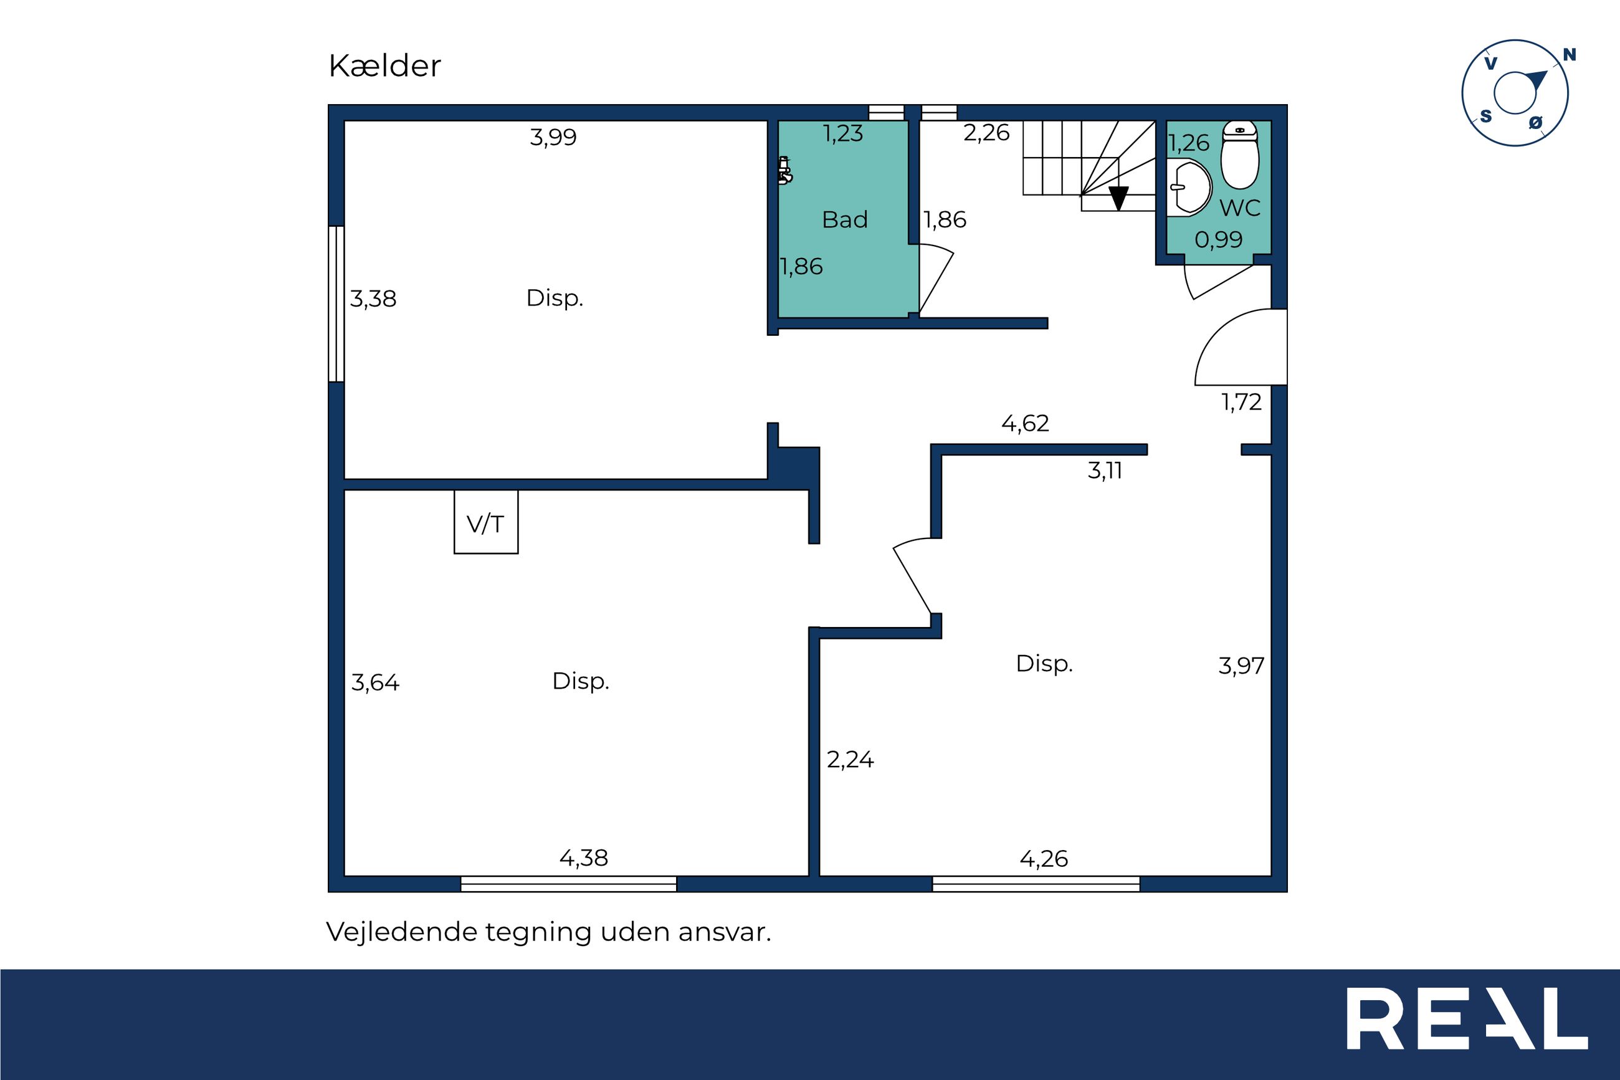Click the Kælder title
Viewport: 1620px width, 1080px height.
click(x=384, y=66)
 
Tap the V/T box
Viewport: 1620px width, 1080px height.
click(x=486, y=522)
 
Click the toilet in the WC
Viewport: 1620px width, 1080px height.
click(x=1239, y=155)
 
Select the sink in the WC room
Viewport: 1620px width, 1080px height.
click(x=1188, y=187)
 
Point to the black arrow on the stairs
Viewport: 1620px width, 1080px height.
click(x=1119, y=198)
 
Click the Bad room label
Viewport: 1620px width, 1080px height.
click(x=845, y=220)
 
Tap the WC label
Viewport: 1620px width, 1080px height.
click(x=1240, y=208)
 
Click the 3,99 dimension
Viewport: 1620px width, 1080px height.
click(x=553, y=137)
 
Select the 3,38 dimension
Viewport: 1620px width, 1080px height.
click(x=373, y=299)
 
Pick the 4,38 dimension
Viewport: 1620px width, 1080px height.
click(x=584, y=858)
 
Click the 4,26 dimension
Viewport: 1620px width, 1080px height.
click(x=1044, y=859)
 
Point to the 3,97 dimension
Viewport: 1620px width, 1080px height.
click(x=1241, y=666)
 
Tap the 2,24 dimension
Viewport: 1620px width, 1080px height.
click(x=850, y=760)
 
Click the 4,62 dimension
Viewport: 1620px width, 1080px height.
click(x=1025, y=423)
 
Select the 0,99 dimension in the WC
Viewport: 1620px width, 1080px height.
click(x=1219, y=240)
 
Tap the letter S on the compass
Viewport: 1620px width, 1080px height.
click(x=1487, y=117)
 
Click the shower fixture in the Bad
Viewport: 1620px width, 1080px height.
click(x=785, y=171)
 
